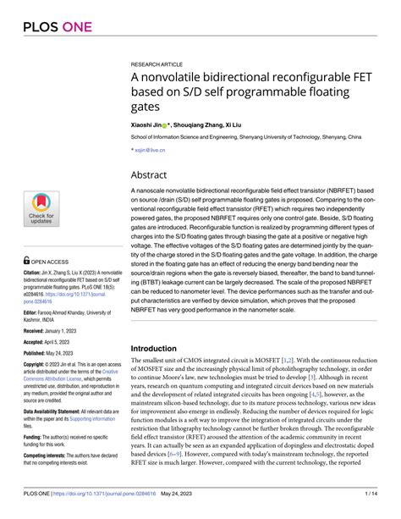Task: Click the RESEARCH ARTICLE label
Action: pos(159,63)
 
